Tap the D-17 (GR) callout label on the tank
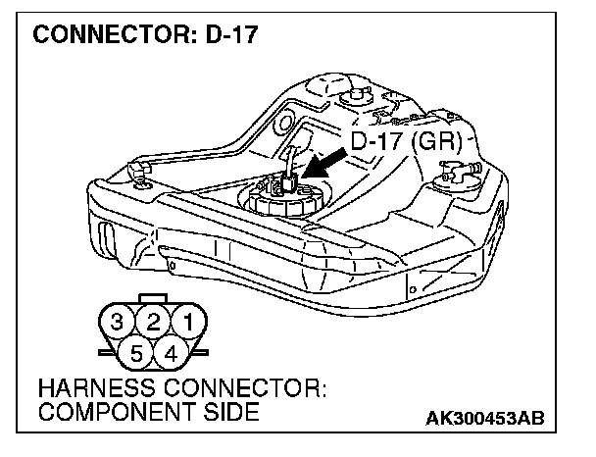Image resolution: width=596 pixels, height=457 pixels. [x=405, y=141]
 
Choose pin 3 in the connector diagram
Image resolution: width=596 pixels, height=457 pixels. [x=117, y=321]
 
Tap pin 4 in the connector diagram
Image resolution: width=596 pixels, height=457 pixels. [x=171, y=350]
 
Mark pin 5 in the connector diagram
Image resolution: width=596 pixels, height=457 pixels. [x=135, y=350]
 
